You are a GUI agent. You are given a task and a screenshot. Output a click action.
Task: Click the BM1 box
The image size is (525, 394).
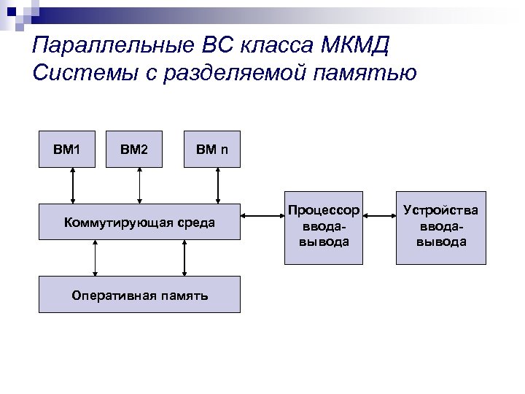[66, 149]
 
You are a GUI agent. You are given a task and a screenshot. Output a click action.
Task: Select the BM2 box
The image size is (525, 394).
[134, 149]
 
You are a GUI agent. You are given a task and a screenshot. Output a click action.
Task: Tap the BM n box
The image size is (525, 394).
[212, 149]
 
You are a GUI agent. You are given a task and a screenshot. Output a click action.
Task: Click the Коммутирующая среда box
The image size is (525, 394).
[139, 221]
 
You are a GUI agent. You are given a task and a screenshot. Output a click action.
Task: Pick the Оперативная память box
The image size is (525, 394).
[139, 294]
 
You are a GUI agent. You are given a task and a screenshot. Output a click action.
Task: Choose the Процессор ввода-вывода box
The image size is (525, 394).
[324, 225]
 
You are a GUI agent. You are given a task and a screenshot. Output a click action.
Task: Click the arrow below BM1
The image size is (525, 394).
[72, 185]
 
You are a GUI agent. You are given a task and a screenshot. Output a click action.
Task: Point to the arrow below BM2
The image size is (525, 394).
[140, 185]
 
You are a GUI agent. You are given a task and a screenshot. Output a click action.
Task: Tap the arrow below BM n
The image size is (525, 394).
[217, 185]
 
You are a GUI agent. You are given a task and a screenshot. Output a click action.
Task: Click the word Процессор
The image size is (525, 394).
[324, 210]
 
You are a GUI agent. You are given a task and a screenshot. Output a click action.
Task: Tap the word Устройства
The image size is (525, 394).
[441, 210]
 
